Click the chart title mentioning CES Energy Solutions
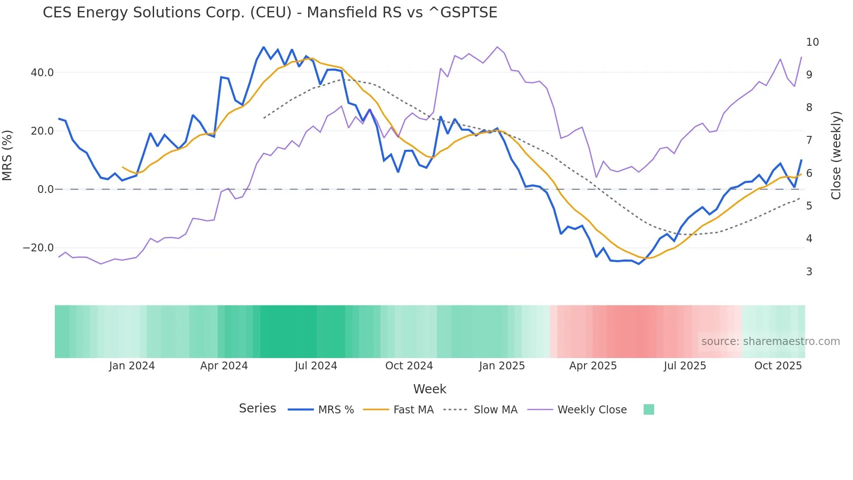click(x=270, y=13)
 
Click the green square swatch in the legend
click(x=648, y=409)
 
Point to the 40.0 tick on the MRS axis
click(x=42, y=73)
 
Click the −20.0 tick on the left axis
click(x=38, y=248)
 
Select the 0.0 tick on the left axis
click(x=45, y=189)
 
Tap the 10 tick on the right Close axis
click(x=812, y=42)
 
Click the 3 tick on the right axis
click(x=809, y=272)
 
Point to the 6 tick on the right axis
click(x=809, y=173)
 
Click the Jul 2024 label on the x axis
click(x=316, y=366)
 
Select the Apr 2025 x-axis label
click(x=593, y=366)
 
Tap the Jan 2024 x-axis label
click(x=132, y=366)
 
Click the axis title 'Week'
click(x=430, y=389)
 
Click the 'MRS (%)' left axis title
click(x=7, y=155)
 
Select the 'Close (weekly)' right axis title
click(x=836, y=155)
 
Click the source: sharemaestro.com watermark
click(x=770, y=341)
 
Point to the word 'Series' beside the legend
click(x=257, y=409)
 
